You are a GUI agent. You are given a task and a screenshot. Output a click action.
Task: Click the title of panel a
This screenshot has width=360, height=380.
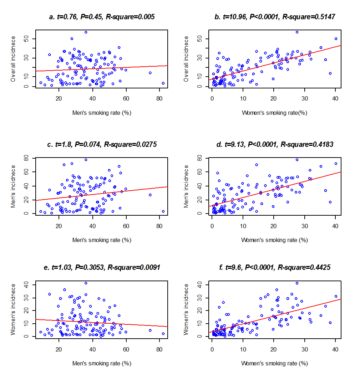coord(102,17)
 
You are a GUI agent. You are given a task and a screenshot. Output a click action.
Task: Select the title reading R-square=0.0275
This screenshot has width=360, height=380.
coord(102,144)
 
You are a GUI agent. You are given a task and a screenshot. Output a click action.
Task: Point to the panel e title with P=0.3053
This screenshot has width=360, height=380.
coord(102,267)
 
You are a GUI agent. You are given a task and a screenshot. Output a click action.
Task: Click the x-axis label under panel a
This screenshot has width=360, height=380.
coord(102,113)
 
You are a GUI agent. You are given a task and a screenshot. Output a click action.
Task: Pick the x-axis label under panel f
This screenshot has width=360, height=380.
coord(274,363)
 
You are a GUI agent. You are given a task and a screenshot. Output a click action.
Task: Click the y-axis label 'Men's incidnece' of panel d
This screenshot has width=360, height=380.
coord(186,186)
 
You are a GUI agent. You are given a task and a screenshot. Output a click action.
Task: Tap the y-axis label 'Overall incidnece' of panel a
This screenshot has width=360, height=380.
coord(13,59)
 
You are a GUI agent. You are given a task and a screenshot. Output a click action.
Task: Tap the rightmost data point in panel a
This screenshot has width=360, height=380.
coord(163,83)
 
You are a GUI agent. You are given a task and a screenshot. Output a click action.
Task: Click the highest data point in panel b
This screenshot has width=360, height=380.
coord(297,32)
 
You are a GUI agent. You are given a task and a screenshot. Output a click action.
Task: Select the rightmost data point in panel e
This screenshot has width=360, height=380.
coord(163,334)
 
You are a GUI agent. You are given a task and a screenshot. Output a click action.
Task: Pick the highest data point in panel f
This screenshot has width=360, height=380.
coord(297,283)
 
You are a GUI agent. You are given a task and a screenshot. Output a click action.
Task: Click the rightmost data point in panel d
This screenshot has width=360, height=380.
coord(336,164)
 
